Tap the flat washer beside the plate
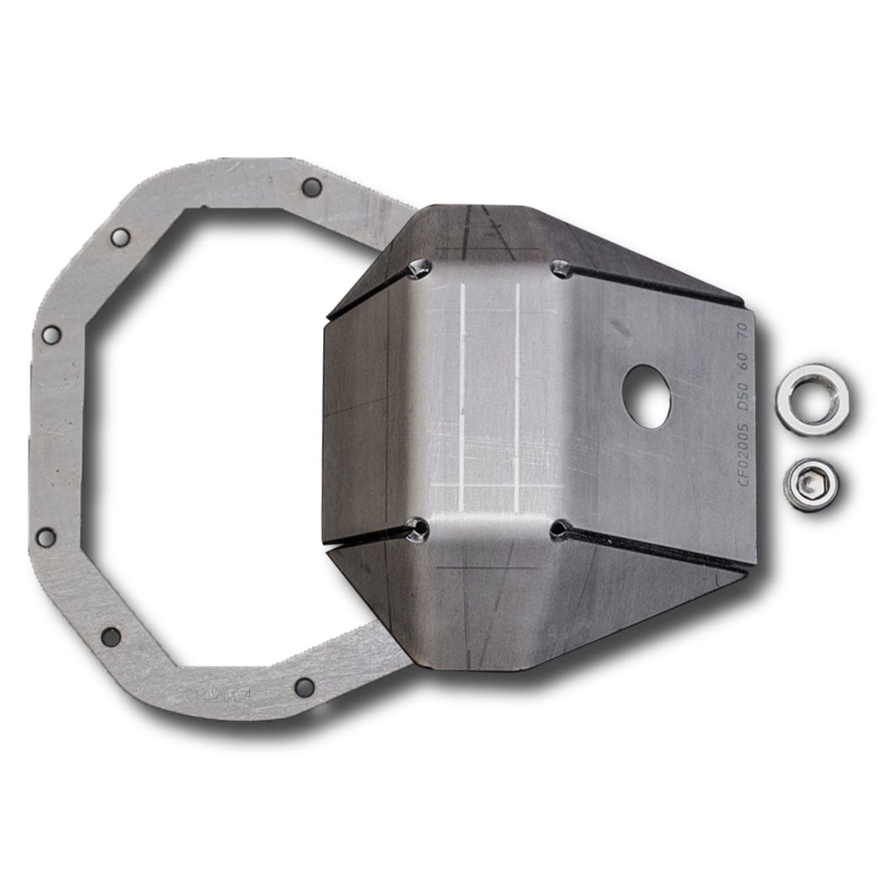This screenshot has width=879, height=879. coord(811,400)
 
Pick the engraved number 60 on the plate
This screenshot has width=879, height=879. coord(744,359)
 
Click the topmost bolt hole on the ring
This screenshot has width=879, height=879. coord(311,187)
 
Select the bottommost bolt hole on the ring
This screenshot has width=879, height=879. coord(304,687)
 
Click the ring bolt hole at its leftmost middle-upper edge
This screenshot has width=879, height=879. coord(50,335)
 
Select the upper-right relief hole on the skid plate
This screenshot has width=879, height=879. coord(559,267)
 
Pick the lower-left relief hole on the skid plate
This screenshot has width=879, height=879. coord(419,530)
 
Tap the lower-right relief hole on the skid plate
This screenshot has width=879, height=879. coord(558,530)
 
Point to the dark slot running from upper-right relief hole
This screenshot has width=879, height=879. coord(651,286)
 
